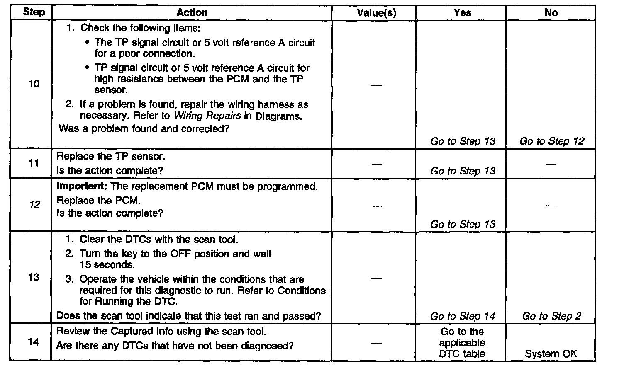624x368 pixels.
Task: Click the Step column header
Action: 34,12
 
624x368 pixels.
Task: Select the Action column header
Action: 192,13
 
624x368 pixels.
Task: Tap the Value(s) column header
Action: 376,13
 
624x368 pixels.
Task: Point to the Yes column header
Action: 462,13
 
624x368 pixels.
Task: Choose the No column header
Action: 551,13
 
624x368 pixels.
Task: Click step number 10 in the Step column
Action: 34,84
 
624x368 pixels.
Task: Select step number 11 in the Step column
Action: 34,163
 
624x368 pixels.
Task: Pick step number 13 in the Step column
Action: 34,277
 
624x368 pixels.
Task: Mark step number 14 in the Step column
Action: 34,342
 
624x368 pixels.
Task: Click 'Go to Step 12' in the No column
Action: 552,141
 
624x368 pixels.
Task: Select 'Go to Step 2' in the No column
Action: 551,316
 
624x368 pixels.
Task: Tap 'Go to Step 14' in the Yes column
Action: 463,316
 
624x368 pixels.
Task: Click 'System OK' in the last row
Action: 551,354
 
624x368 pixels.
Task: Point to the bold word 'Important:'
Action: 82,186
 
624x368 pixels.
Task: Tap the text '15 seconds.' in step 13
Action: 107,265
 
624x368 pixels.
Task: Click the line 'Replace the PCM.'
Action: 98,201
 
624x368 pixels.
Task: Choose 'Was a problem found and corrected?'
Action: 144,129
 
